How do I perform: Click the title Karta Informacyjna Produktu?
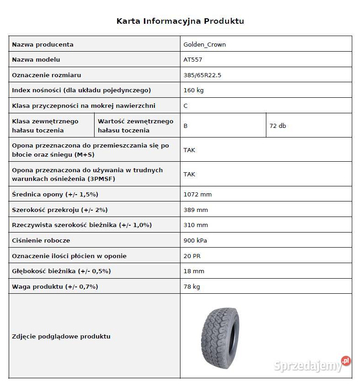coord(180,21)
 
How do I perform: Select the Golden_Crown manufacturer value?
coord(204,44)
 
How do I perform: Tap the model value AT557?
coord(192,59)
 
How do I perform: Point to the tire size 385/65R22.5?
coord(202,75)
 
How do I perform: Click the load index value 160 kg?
coord(193,90)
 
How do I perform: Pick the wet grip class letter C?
coord(185,106)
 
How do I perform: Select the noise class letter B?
coord(185,126)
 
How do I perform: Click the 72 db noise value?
coord(278,126)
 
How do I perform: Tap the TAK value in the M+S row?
coord(189,150)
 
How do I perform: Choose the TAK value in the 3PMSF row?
coord(189,174)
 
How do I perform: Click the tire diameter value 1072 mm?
coord(197,194)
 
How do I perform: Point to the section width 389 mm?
coord(196,210)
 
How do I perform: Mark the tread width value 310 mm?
coord(196,225)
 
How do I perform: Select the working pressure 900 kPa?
coord(195,240)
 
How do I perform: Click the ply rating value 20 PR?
coord(192,256)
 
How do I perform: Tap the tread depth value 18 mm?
coord(194,271)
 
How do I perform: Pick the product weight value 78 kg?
coord(191,286)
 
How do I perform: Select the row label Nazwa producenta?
coord(42,44)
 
